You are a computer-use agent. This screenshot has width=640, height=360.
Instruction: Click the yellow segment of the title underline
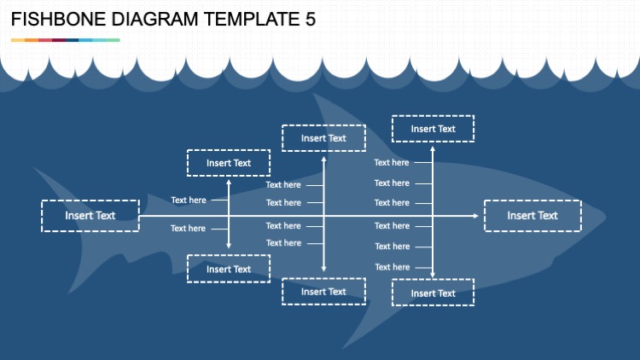point(17,40)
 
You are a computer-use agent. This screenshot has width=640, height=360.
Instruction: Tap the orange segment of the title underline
point(31,40)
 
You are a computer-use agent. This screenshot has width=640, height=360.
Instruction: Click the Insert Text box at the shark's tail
point(90,216)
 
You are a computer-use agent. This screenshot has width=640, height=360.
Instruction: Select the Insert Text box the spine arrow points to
point(532,216)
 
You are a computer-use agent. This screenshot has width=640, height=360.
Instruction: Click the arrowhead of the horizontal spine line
point(475,216)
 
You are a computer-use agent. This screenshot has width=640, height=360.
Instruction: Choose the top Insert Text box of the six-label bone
point(433,129)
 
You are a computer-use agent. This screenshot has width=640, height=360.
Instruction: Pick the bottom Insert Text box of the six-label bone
point(433,293)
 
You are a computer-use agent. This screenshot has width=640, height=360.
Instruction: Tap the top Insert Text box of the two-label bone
point(229,163)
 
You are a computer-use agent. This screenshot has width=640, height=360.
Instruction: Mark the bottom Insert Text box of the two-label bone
point(229,269)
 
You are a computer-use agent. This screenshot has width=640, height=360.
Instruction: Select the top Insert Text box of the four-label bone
point(323,137)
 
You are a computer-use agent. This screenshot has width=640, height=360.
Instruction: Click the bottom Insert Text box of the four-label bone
point(323,291)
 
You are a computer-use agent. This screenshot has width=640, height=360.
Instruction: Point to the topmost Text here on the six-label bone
point(392,162)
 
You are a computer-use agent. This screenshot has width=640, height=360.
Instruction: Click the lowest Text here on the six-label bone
point(392,267)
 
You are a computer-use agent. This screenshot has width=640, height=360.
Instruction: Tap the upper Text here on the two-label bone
point(188,200)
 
